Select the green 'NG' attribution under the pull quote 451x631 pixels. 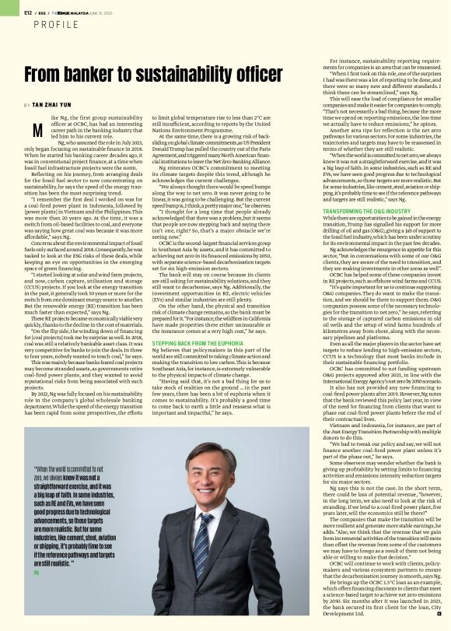(x=36, y=550)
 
